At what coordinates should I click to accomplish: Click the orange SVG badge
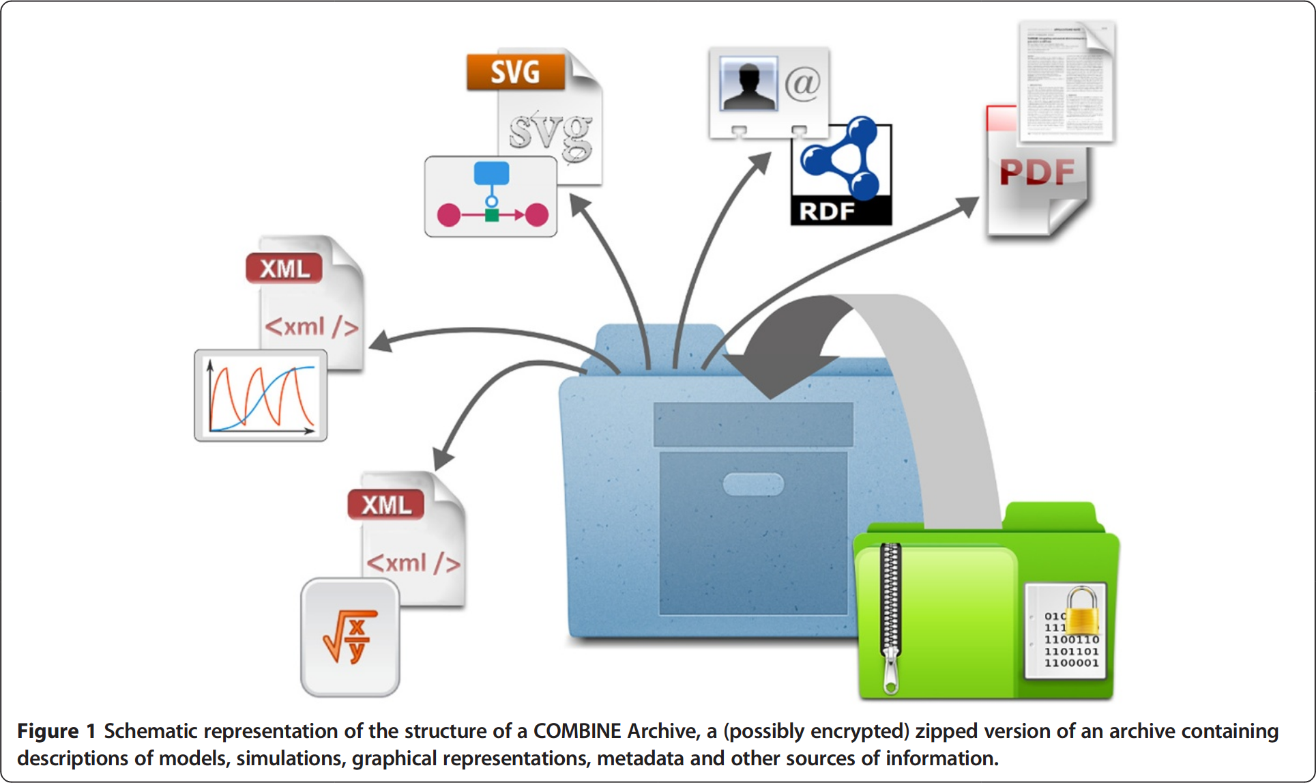coord(516,72)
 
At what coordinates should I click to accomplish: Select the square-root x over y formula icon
coord(350,638)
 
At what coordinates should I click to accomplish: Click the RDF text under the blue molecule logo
coord(826,212)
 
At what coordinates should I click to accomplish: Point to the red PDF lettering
coord(1037,172)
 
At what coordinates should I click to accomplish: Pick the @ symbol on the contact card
coord(803,84)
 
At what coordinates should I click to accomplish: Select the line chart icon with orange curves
coord(261,396)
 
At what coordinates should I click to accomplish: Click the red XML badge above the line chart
coord(284,268)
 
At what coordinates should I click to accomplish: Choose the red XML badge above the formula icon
coord(386,505)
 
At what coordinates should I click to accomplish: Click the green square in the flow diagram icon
coord(491,216)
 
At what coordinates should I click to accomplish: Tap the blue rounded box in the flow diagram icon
coord(491,173)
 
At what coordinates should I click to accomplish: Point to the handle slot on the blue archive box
coord(752,484)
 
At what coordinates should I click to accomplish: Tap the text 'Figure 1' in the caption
coord(56,731)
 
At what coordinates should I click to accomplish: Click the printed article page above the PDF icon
coord(1066,82)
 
